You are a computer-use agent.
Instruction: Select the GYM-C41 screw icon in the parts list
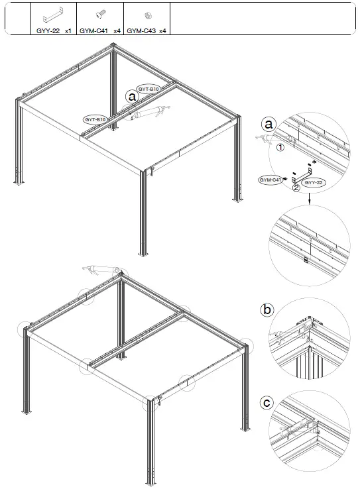click(99, 15)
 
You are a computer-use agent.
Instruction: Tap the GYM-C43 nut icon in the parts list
click(147, 15)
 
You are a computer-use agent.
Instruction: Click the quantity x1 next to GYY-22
click(68, 30)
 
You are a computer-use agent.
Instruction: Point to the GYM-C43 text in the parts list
click(138, 30)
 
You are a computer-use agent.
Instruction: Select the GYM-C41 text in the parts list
click(91, 30)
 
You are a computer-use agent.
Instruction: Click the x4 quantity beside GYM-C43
click(162, 30)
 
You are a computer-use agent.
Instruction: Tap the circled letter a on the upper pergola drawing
click(132, 96)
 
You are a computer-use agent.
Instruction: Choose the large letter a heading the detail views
click(268, 124)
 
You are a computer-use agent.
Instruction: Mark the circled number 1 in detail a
click(280, 148)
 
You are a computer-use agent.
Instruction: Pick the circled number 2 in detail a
click(296, 187)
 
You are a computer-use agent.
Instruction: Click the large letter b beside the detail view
click(267, 309)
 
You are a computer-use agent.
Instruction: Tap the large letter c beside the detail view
click(267, 402)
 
